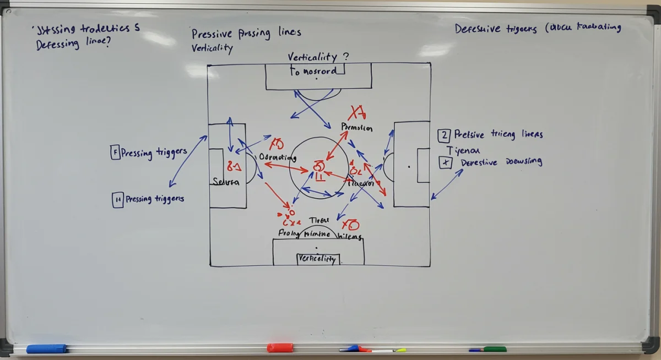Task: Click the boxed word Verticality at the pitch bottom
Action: coord(317,259)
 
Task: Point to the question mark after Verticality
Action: coord(345,57)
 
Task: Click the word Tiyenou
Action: coord(463,150)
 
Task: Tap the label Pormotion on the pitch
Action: coord(357,127)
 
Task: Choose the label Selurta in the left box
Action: coord(226,182)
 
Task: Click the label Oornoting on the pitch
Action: coord(278,158)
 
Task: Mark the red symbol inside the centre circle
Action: coord(319,168)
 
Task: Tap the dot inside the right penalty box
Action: coord(409,166)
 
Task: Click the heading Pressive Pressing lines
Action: coord(246,33)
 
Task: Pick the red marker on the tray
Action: coord(280,347)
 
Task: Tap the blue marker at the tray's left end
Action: coord(46,348)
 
